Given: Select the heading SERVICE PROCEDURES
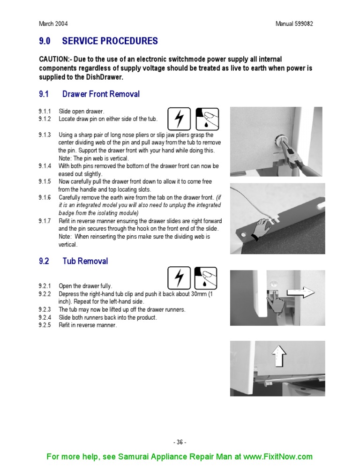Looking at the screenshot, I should (110, 41).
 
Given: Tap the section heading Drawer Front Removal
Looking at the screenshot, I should (101, 94).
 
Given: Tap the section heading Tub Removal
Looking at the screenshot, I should (85, 261).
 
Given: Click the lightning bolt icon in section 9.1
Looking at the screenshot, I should (179, 119).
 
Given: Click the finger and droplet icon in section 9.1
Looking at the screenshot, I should (207, 119).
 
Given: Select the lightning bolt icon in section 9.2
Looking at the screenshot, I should (179, 278).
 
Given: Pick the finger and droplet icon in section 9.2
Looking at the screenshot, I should (207, 278).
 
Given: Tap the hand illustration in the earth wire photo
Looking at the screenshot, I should (260, 230).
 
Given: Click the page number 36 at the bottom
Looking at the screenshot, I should (180, 442).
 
